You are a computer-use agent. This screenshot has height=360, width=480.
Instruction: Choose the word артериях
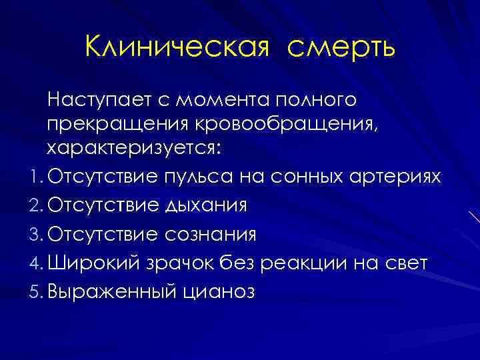398,176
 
